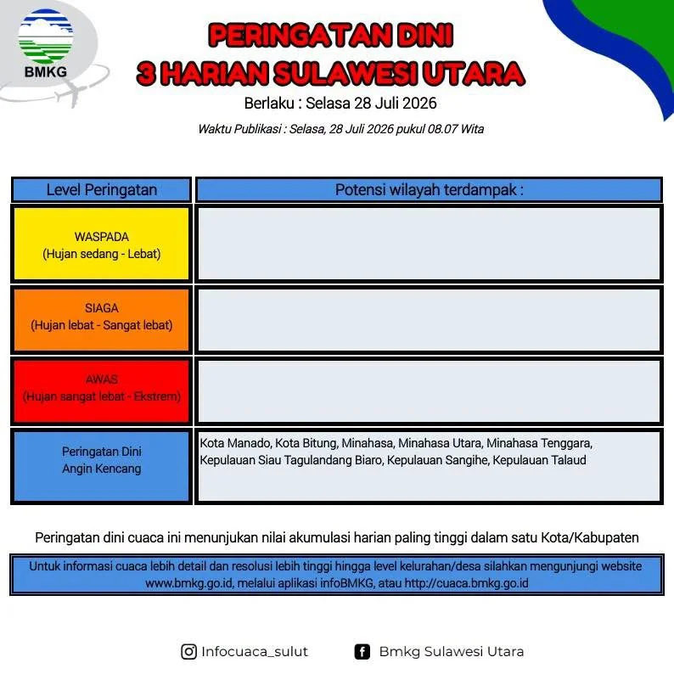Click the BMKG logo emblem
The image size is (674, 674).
(46, 37)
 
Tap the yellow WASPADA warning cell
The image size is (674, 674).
(102, 244)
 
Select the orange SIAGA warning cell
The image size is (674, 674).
(102, 320)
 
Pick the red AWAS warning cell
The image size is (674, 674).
(102, 390)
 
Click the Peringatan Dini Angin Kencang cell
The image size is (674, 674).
(102, 466)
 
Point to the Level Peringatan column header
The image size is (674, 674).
(102, 189)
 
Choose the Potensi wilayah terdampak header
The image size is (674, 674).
(429, 189)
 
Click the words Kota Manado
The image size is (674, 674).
(235, 443)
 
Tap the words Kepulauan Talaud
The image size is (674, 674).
(539, 460)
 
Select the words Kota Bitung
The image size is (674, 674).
(306, 443)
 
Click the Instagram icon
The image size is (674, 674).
(188, 652)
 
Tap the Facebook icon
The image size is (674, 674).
(362, 652)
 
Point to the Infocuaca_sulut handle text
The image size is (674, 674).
(255, 652)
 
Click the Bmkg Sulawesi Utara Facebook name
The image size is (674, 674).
(452, 652)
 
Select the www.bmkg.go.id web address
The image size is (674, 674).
(188, 583)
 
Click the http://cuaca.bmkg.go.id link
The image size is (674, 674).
(466, 583)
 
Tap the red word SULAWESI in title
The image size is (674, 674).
(345, 74)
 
